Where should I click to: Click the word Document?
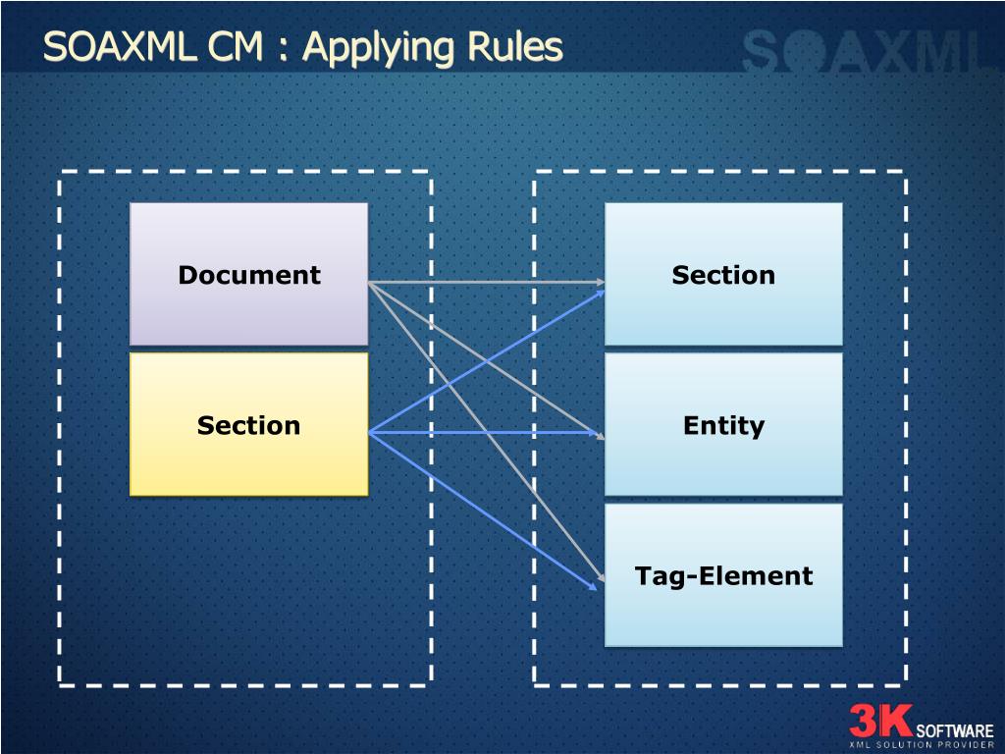[248, 276]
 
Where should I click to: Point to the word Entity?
[723, 426]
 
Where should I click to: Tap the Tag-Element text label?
[723, 576]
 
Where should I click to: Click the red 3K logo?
[880, 722]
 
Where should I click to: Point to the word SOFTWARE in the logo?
[954, 730]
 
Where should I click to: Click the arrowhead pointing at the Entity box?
[598, 433]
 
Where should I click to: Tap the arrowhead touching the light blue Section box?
[599, 283]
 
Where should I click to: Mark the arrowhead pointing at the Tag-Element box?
[595, 583]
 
